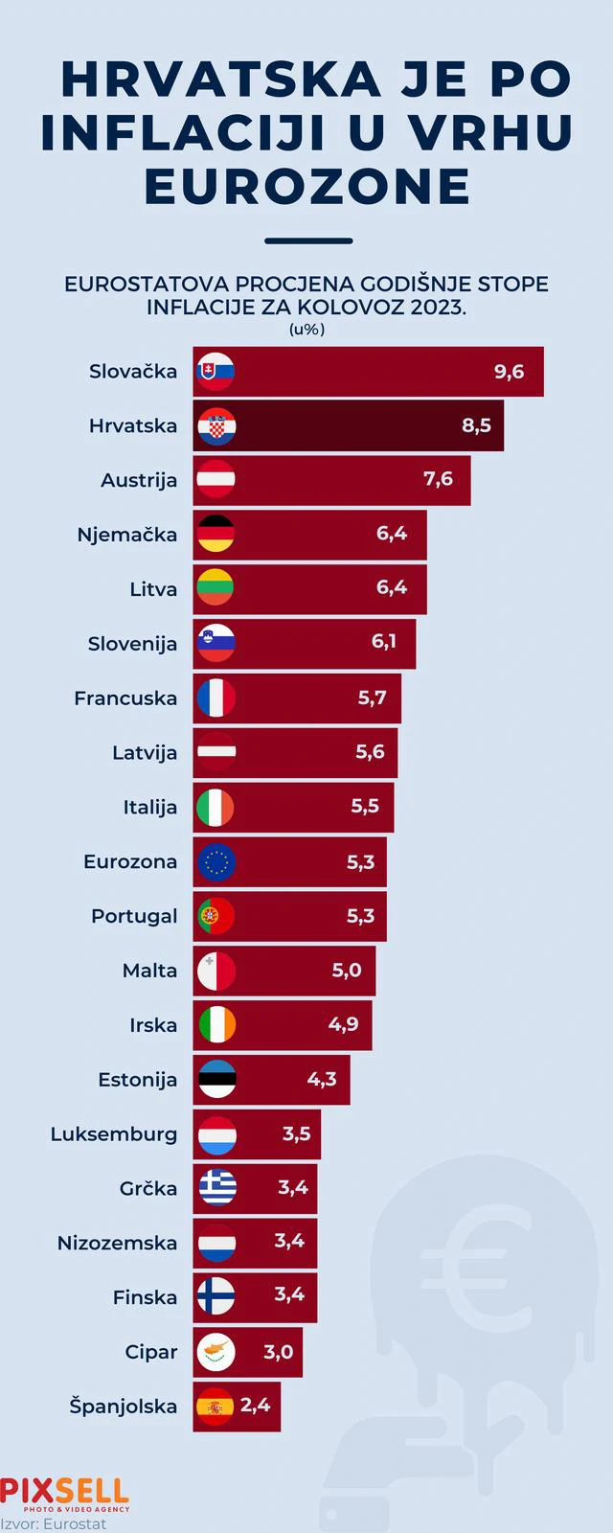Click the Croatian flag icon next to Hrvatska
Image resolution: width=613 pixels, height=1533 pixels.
coord(216,426)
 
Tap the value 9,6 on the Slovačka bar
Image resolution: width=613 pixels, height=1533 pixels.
coord(509,372)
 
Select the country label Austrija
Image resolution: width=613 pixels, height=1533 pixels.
coord(139,481)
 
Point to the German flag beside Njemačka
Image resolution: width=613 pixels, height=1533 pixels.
coord(216,534)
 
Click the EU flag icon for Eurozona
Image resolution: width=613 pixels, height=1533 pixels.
coord(216,861)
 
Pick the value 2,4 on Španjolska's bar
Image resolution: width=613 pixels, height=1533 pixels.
coord(255,1406)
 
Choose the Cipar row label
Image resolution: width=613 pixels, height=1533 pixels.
coord(151,1352)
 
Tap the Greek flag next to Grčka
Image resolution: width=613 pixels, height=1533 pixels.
coord(216,1188)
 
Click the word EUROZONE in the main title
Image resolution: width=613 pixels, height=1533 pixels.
coord(306,186)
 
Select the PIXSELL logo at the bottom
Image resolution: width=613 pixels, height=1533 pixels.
coord(64,1493)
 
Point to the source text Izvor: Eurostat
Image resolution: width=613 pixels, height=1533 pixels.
coord(54,1523)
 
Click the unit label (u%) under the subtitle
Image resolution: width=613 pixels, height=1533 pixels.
coord(306,330)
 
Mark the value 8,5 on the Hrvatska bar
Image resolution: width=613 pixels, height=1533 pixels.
coord(476,425)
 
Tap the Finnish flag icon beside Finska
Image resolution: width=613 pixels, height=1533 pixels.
coord(216,1296)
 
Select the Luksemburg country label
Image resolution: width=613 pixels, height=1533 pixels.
coord(114,1134)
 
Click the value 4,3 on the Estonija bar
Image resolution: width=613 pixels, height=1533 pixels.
coord(321,1079)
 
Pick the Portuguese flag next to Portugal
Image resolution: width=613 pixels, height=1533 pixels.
coord(216,916)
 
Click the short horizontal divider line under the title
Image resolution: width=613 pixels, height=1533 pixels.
coord(307,240)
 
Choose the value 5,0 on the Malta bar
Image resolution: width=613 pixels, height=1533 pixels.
coord(346,971)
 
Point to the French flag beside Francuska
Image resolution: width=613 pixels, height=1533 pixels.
coord(216,698)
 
